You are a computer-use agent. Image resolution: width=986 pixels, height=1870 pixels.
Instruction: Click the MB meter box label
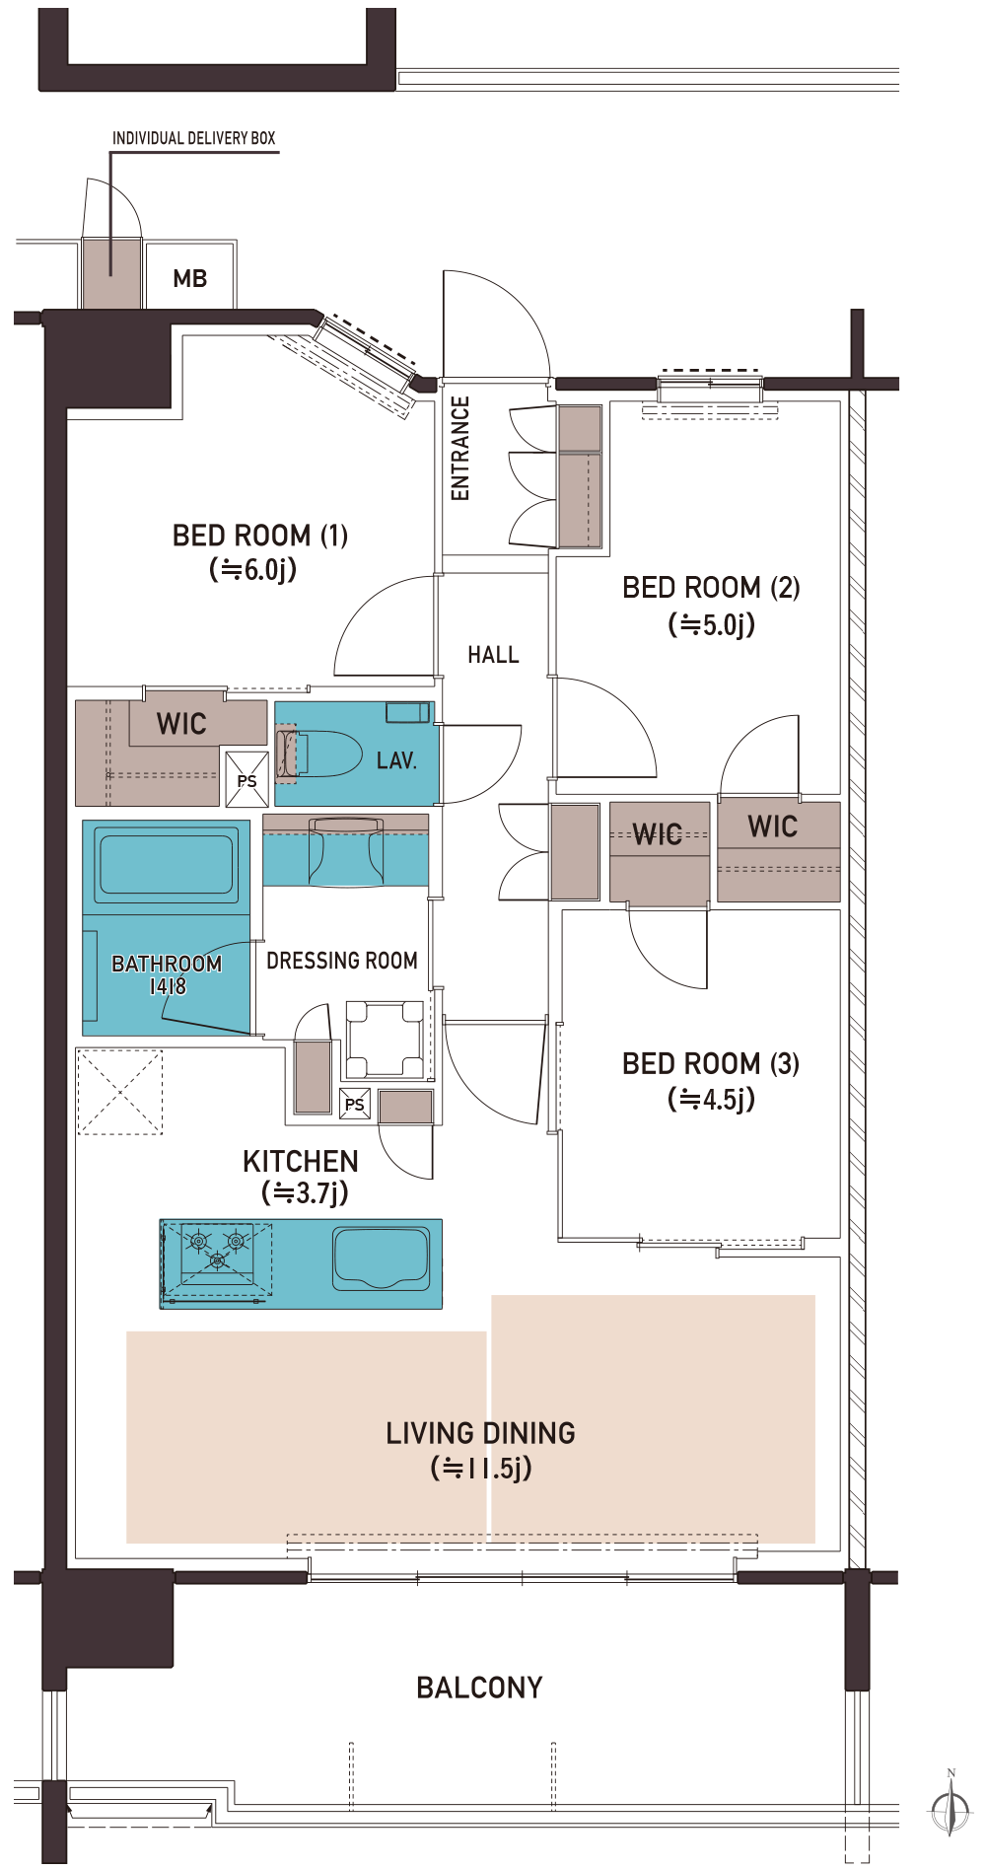[190, 279]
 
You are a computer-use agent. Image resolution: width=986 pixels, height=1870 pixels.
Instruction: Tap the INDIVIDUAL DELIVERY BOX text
[194, 138]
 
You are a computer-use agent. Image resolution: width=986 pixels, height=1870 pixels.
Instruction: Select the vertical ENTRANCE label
[459, 449]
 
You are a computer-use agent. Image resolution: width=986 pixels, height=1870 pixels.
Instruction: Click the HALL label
[493, 655]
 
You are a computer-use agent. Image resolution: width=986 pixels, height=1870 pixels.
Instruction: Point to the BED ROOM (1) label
[260, 536]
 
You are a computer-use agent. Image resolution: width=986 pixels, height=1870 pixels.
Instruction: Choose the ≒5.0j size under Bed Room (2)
[712, 624]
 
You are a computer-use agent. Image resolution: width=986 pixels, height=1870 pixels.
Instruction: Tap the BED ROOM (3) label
[711, 1063]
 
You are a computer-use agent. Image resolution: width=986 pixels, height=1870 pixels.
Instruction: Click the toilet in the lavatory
[320, 754]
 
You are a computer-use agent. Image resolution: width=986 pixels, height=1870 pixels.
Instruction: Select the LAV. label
[396, 760]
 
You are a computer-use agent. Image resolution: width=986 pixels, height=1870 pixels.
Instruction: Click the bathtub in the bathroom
[167, 864]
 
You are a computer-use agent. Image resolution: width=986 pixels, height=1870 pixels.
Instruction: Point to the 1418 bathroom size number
[168, 986]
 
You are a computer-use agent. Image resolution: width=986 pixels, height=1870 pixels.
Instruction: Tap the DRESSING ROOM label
[342, 961]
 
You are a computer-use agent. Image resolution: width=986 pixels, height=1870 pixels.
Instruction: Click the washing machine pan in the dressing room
[385, 1040]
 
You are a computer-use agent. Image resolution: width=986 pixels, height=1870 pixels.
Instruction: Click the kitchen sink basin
[382, 1258]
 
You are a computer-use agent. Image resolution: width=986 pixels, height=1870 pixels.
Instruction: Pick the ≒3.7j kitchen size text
[305, 1193]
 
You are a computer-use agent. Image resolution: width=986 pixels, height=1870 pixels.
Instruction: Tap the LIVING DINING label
[480, 1433]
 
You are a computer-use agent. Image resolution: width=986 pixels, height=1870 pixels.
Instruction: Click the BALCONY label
[479, 1688]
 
